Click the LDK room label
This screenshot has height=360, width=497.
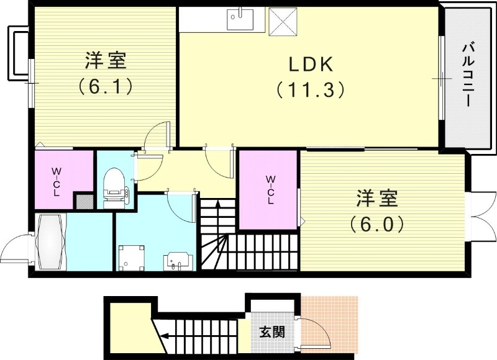tap(311, 64)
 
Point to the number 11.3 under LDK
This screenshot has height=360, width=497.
tap(311, 90)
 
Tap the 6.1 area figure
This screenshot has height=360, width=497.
tap(106, 86)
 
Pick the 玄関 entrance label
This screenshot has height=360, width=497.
tap(272, 331)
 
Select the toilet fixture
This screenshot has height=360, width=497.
tap(115, 185)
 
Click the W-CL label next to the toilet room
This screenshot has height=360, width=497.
tap(56, 181)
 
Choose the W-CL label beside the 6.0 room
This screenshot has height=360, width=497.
tap(271, 190)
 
